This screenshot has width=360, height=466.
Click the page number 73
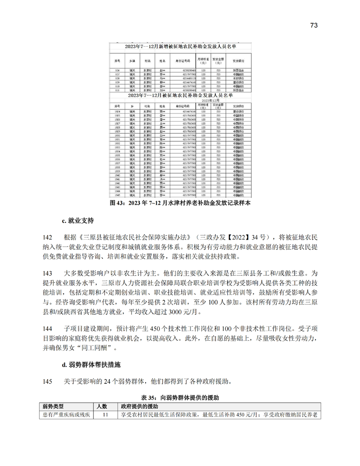(x=314, y=25)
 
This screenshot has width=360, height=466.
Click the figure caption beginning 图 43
(x=180, y=203)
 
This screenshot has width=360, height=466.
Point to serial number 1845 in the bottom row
(x=117, y=195)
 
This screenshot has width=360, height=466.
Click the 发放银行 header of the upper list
(x=238, y=60)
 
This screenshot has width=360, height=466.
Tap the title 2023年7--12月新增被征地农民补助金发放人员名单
(x=180, y=46)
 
